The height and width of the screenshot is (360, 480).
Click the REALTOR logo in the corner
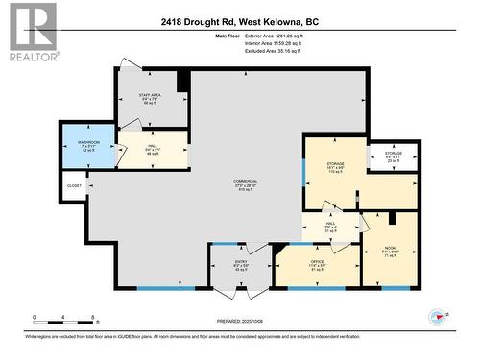pos(31,32)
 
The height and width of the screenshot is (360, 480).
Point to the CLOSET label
pos(74,185)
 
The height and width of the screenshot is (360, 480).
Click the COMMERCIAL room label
pos(245,185)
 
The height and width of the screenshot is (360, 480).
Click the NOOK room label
pos(390,251)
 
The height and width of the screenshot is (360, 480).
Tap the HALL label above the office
pos(330,225)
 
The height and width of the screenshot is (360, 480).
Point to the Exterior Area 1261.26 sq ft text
pos(299,36)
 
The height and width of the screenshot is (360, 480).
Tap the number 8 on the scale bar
pos(92,317)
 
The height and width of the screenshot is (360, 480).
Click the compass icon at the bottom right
pos(441,316)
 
